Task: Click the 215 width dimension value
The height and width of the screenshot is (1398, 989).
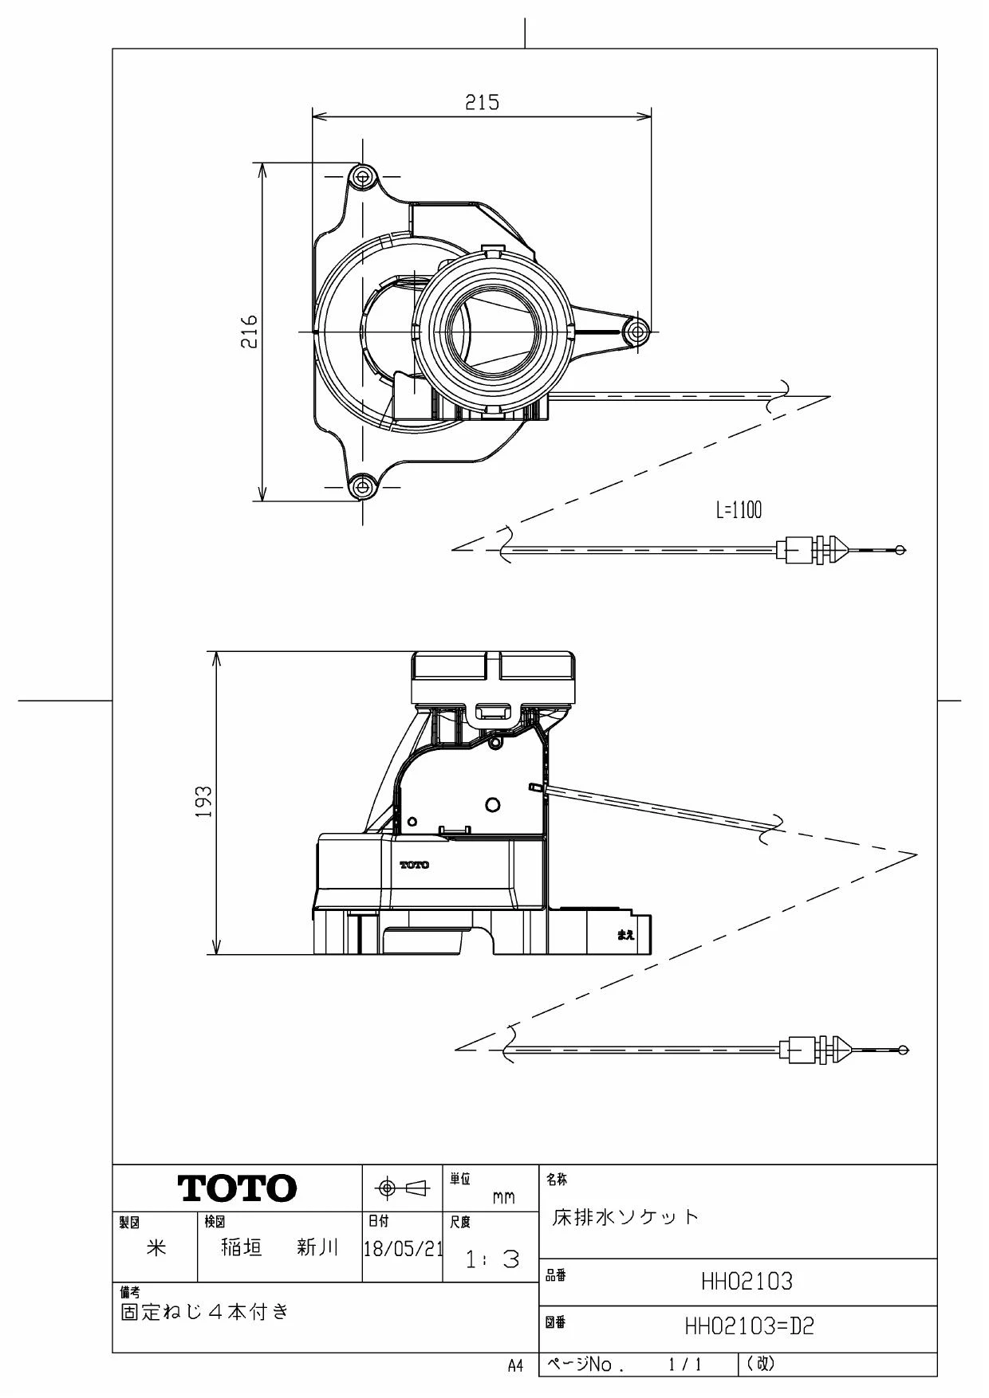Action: [x=482, y=102]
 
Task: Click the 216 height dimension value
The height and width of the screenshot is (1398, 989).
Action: [x=250, y=331]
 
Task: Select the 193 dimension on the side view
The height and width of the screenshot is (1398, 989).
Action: [x=204, y=802]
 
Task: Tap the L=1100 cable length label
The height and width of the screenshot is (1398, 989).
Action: [x=739, y=510]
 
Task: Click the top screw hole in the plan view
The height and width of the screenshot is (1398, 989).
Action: [x=364, y=175]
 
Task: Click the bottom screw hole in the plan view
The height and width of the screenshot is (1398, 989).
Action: [x=363, y=485]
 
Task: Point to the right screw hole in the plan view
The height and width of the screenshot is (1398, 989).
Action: [x=636, y=331]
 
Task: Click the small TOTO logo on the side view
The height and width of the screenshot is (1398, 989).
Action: [x=414, y=865]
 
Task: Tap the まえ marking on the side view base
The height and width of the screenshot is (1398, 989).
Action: [x=626, y=935]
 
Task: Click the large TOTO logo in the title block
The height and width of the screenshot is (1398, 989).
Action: [x=238, y=1188]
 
